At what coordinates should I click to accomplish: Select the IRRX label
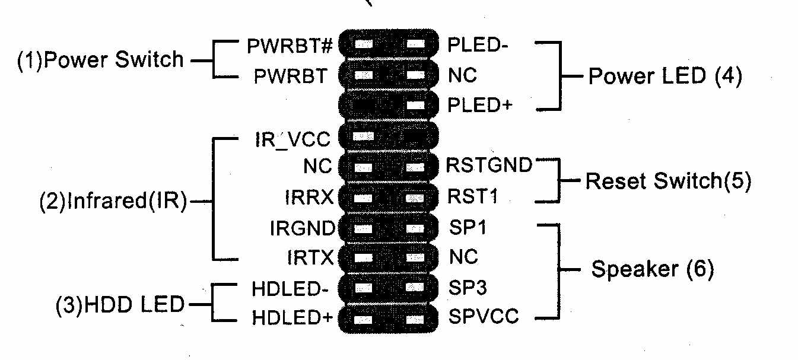pos(310,197)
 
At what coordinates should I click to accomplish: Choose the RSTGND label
pos(489,165)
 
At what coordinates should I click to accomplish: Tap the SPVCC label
pos(484,318)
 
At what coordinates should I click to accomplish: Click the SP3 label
pos(468,288)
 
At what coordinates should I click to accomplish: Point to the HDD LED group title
pos(120,305)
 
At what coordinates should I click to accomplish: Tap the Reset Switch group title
pos(668,181)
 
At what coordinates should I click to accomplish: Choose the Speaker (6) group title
pos(653,270)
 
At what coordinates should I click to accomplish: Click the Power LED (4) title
pos(665,77)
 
